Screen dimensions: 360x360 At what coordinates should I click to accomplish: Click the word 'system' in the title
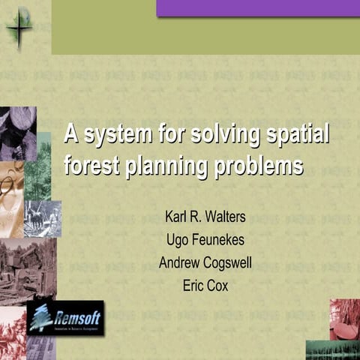(115, 136)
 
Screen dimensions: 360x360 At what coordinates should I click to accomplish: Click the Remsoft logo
(65, 318)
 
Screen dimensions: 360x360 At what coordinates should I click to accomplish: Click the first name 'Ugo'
(178, 241)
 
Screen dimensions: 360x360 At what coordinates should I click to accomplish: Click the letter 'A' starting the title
(72, 135)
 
